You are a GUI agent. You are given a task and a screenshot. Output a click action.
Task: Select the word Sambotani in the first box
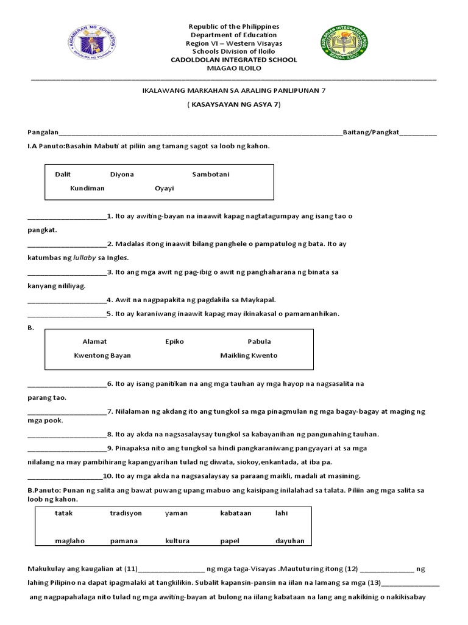211,175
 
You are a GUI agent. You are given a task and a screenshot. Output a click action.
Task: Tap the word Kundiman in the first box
87,188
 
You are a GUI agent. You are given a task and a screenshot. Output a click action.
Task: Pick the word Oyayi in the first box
165,188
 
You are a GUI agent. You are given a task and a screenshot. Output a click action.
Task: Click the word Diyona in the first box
122,175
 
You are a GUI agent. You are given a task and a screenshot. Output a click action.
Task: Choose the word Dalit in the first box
63,175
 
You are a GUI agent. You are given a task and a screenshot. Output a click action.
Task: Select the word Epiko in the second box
174,342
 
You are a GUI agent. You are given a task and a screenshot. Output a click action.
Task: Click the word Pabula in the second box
259,342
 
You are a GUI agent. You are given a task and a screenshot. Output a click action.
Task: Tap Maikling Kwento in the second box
249,355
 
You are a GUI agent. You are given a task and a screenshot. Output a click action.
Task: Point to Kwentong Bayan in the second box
102,355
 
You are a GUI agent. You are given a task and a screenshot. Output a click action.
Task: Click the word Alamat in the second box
94,342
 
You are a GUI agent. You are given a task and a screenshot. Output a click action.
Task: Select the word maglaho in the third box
68,541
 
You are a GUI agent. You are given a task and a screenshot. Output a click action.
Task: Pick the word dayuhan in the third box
289,541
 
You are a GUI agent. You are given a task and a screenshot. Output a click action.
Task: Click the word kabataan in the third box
236,513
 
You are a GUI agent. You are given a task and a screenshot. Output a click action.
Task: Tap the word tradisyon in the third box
126,513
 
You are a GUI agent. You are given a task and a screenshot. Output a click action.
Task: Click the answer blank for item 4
67,300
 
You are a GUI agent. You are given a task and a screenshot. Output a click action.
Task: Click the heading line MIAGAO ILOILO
234,68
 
